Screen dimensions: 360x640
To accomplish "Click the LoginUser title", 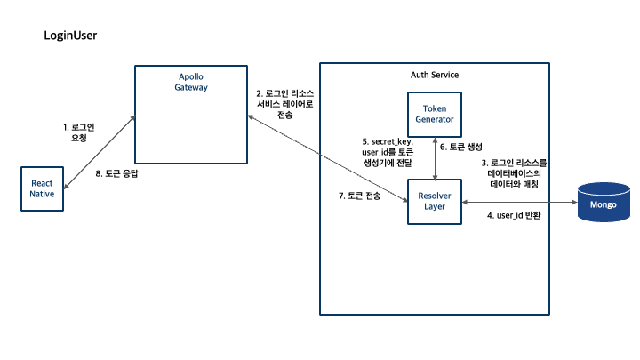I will [x=70, y=36].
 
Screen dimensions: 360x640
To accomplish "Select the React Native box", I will [x=43, y=188].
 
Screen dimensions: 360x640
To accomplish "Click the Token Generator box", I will [x=434, y=114].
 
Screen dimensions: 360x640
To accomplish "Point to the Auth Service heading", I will [x=435, y=75].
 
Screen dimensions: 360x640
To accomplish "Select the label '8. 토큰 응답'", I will [x=116, y=174].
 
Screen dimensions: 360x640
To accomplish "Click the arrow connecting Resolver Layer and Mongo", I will [x=520, y=204].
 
